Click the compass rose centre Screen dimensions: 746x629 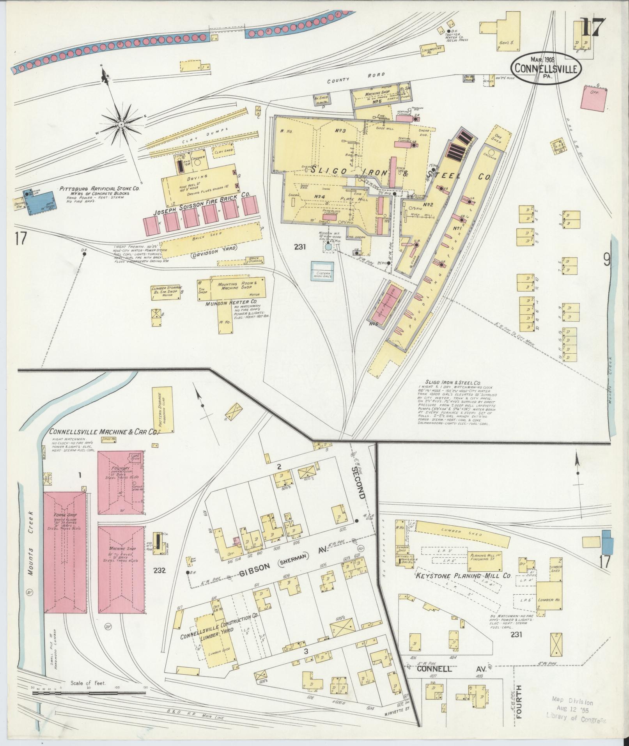(121, 124)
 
